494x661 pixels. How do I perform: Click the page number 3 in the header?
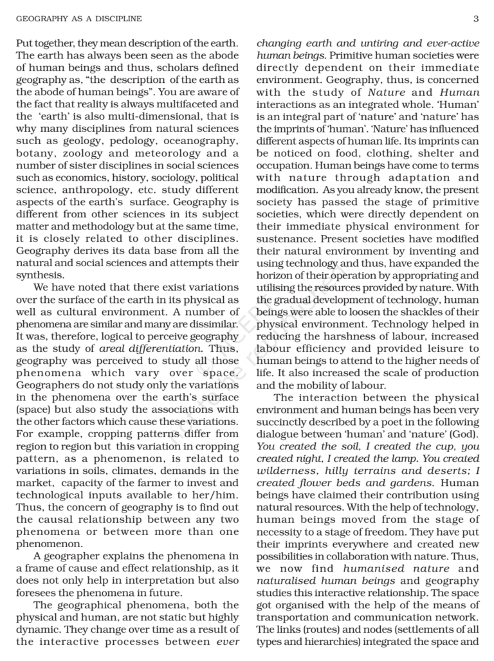point(475,19)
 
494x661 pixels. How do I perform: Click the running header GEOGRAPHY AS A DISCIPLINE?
point(78,19)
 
